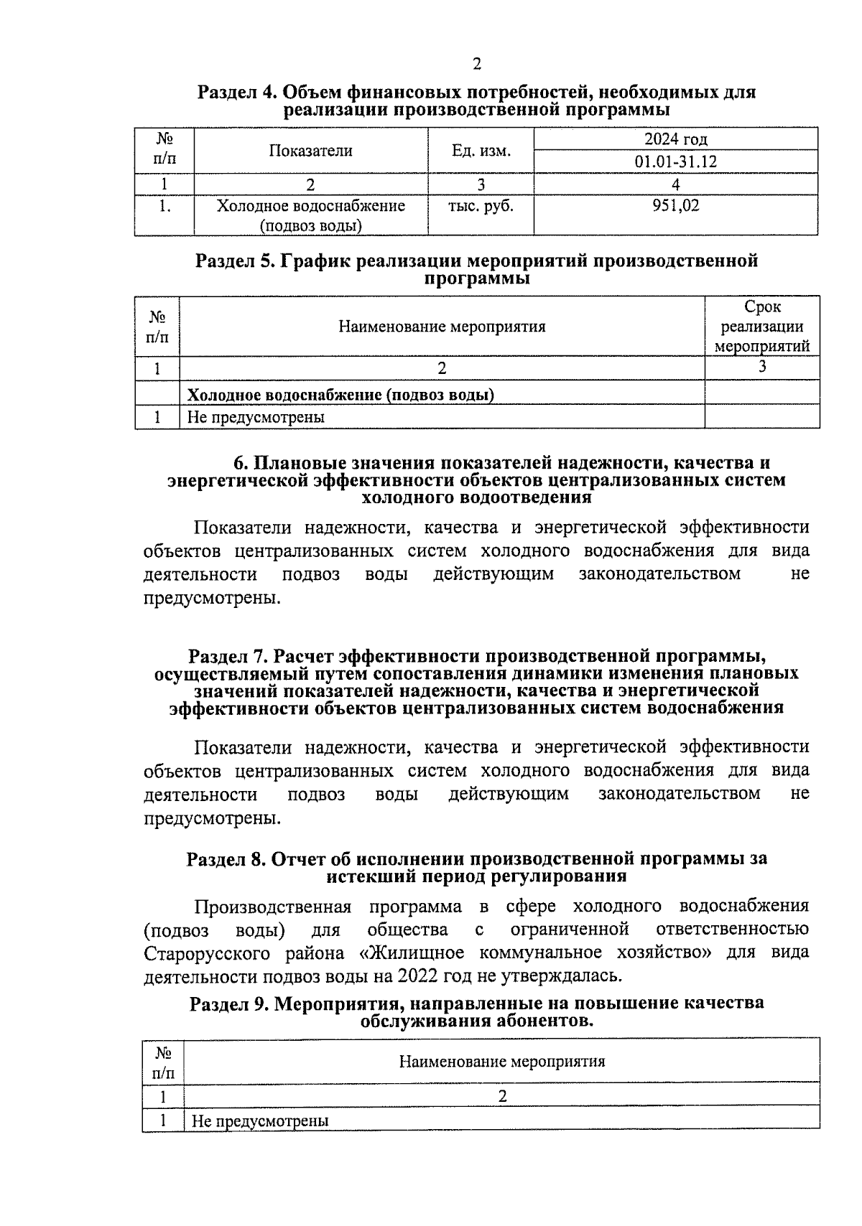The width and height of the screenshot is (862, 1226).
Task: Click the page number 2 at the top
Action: point(477,65)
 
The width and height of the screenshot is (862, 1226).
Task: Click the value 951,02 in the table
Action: point(675,206)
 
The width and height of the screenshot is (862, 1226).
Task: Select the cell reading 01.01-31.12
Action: point(675,162)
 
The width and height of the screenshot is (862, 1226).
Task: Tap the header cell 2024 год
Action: point(675,139)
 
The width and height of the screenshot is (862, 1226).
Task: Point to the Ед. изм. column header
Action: point(481,151)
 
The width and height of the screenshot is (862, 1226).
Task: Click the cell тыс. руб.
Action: point(481,206)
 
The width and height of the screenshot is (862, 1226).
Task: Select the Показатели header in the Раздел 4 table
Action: point(310,151)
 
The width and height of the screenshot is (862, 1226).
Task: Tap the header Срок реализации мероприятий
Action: point(761,327)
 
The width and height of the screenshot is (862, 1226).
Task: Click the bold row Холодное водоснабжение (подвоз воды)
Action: point(340,395)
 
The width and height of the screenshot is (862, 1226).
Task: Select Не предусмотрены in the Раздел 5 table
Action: point(256,417)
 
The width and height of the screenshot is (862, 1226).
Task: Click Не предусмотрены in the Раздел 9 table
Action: point(260,1120)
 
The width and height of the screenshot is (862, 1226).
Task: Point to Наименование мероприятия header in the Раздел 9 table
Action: point(501,1062)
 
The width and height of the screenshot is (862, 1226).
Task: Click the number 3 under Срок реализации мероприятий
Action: point(761,367)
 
